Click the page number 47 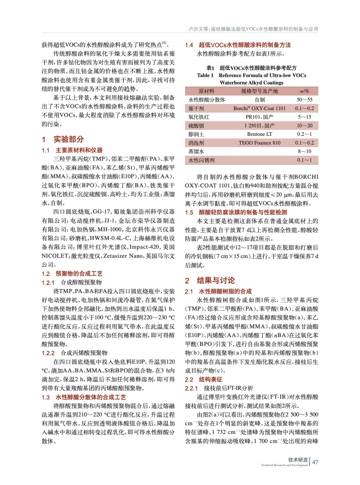pos(315,462)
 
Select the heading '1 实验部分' pos(63,139)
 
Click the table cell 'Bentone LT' pos(260,134)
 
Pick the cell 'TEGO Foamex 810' pos(259,143)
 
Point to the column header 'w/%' pos(304,91)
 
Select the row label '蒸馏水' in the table pos(196,151)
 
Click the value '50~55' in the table pos(304,99)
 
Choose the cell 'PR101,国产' pos(260,117)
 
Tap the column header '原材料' pos(206,91)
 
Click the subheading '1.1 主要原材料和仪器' pos(72,150)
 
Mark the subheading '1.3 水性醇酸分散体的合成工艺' pos(84,397)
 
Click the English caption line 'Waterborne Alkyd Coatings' pos(251,82)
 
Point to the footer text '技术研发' pos(298,460)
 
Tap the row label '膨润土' pos(196,134)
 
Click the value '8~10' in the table pos(304,151)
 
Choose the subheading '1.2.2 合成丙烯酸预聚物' pos(75,353)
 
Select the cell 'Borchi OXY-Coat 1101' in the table pos(259,108)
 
